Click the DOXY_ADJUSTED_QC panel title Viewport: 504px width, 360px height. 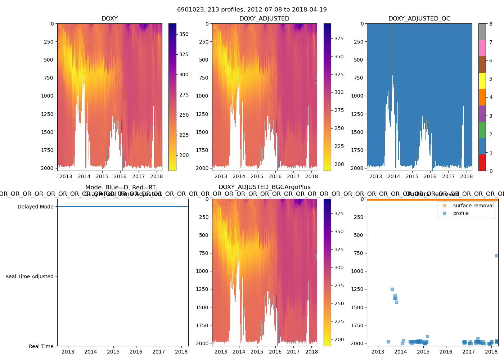[419, 19]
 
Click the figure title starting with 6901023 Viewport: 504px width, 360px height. [252, 10]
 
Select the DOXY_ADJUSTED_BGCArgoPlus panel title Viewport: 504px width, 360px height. [264, 187]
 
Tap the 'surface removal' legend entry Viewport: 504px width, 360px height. [473, 206]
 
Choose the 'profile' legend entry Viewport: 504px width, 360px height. [461, 213]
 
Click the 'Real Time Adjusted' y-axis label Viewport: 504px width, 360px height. [30, 276]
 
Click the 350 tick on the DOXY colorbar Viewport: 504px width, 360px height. [184, 34]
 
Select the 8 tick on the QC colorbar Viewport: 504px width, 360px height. [491, 24]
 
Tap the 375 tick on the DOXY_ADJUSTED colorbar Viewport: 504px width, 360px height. [339, 39]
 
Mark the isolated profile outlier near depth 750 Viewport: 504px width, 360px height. [497, 256]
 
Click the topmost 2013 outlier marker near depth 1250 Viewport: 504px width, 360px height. [392, 289]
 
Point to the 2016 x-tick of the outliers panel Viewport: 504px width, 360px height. [446, 352]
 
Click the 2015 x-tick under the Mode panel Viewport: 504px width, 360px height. [113, 352]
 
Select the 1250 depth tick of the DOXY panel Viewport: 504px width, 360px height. [47, 114]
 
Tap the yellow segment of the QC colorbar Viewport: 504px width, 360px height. [482, 81]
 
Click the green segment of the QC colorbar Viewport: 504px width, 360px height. [482, 130]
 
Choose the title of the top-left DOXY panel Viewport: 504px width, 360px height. [109, 19]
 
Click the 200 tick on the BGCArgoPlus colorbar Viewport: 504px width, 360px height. [339, 339]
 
